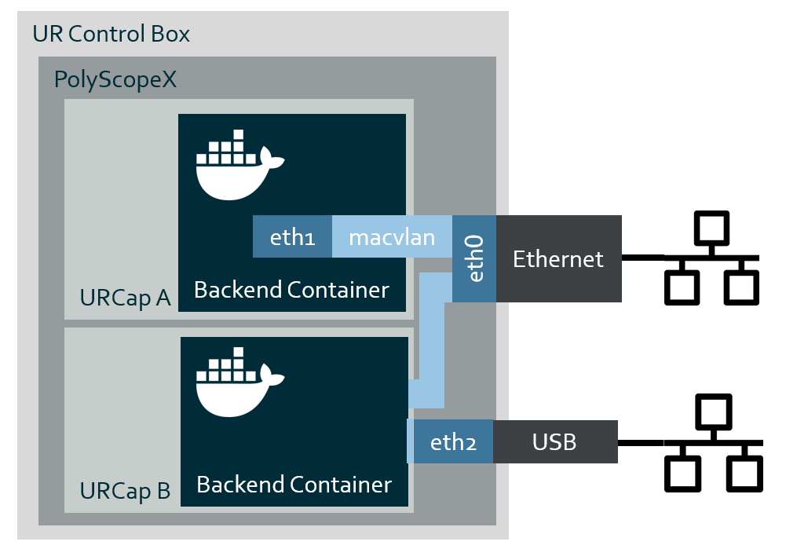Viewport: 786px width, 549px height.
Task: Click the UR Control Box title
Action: pos(111,35)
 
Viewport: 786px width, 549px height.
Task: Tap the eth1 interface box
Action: pos(292,237)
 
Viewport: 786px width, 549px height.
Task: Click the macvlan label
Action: pos(392,237)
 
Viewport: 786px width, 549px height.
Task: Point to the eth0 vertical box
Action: pos(474,259)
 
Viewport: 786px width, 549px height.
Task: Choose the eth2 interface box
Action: pos(453,442)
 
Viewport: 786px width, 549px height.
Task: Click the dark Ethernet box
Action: pos(558,259)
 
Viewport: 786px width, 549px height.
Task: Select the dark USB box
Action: pos(554,442)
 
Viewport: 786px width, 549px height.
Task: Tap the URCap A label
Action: pos(125,298)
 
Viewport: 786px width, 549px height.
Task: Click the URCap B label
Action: pos(125,491)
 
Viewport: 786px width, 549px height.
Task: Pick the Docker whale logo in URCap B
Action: pos(239,387)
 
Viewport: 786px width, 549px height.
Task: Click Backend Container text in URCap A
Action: pos(291,290)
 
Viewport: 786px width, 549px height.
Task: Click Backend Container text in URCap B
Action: pos(294,485)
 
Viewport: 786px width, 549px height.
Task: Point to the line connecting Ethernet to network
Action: pos(642,257)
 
